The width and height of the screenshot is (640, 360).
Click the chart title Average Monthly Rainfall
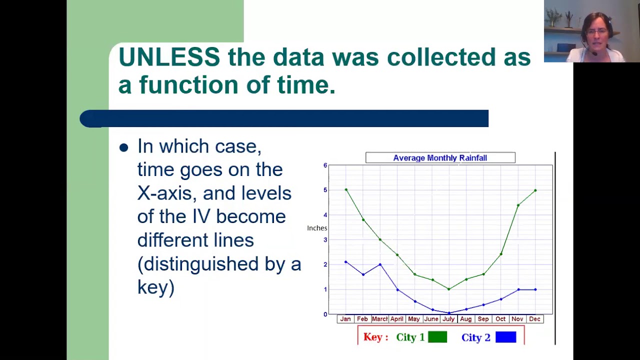click(440, 158)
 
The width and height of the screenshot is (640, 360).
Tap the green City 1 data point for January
click(346, 189)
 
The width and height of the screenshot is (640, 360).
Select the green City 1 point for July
click(449, 289)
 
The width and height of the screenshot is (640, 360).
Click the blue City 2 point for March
click(380, 264)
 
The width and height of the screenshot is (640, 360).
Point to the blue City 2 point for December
click(535, 289)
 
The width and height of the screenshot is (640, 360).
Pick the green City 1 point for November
click(518, 205)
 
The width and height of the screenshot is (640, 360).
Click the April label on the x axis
click(397, 319)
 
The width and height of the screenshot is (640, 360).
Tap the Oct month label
click(500, 319)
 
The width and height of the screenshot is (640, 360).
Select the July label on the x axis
click(448, 319)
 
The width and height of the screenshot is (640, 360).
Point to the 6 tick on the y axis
click(325, 165)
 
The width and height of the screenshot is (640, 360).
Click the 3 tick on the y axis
click(325, 239)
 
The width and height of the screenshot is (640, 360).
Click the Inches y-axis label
click(317, 228)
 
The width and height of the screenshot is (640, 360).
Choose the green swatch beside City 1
click(437, 337)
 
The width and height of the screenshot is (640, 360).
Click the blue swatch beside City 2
click(505, 337)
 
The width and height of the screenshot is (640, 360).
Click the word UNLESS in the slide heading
click(169, 57)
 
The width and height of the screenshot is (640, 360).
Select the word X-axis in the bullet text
click(167, 193)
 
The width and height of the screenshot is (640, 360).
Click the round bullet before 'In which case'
click(123, 147)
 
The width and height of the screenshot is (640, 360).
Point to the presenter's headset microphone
click(594, 53)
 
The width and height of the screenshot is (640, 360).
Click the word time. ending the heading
click(306, 85)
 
